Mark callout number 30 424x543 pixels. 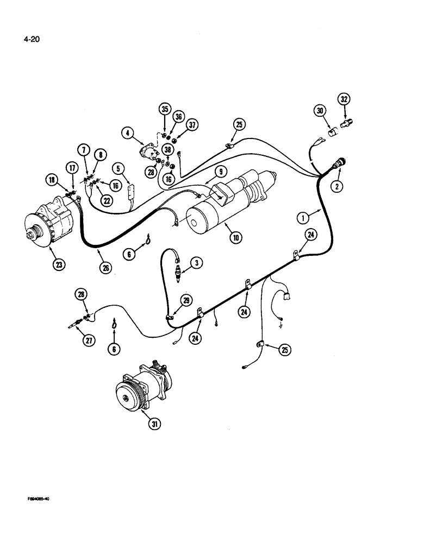pyautogui.click(x=320, y=111)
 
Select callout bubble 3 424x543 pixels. pyautogui.click(x=197, y=263)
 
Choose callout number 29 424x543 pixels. pyautogui.click(x=187, y=300)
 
